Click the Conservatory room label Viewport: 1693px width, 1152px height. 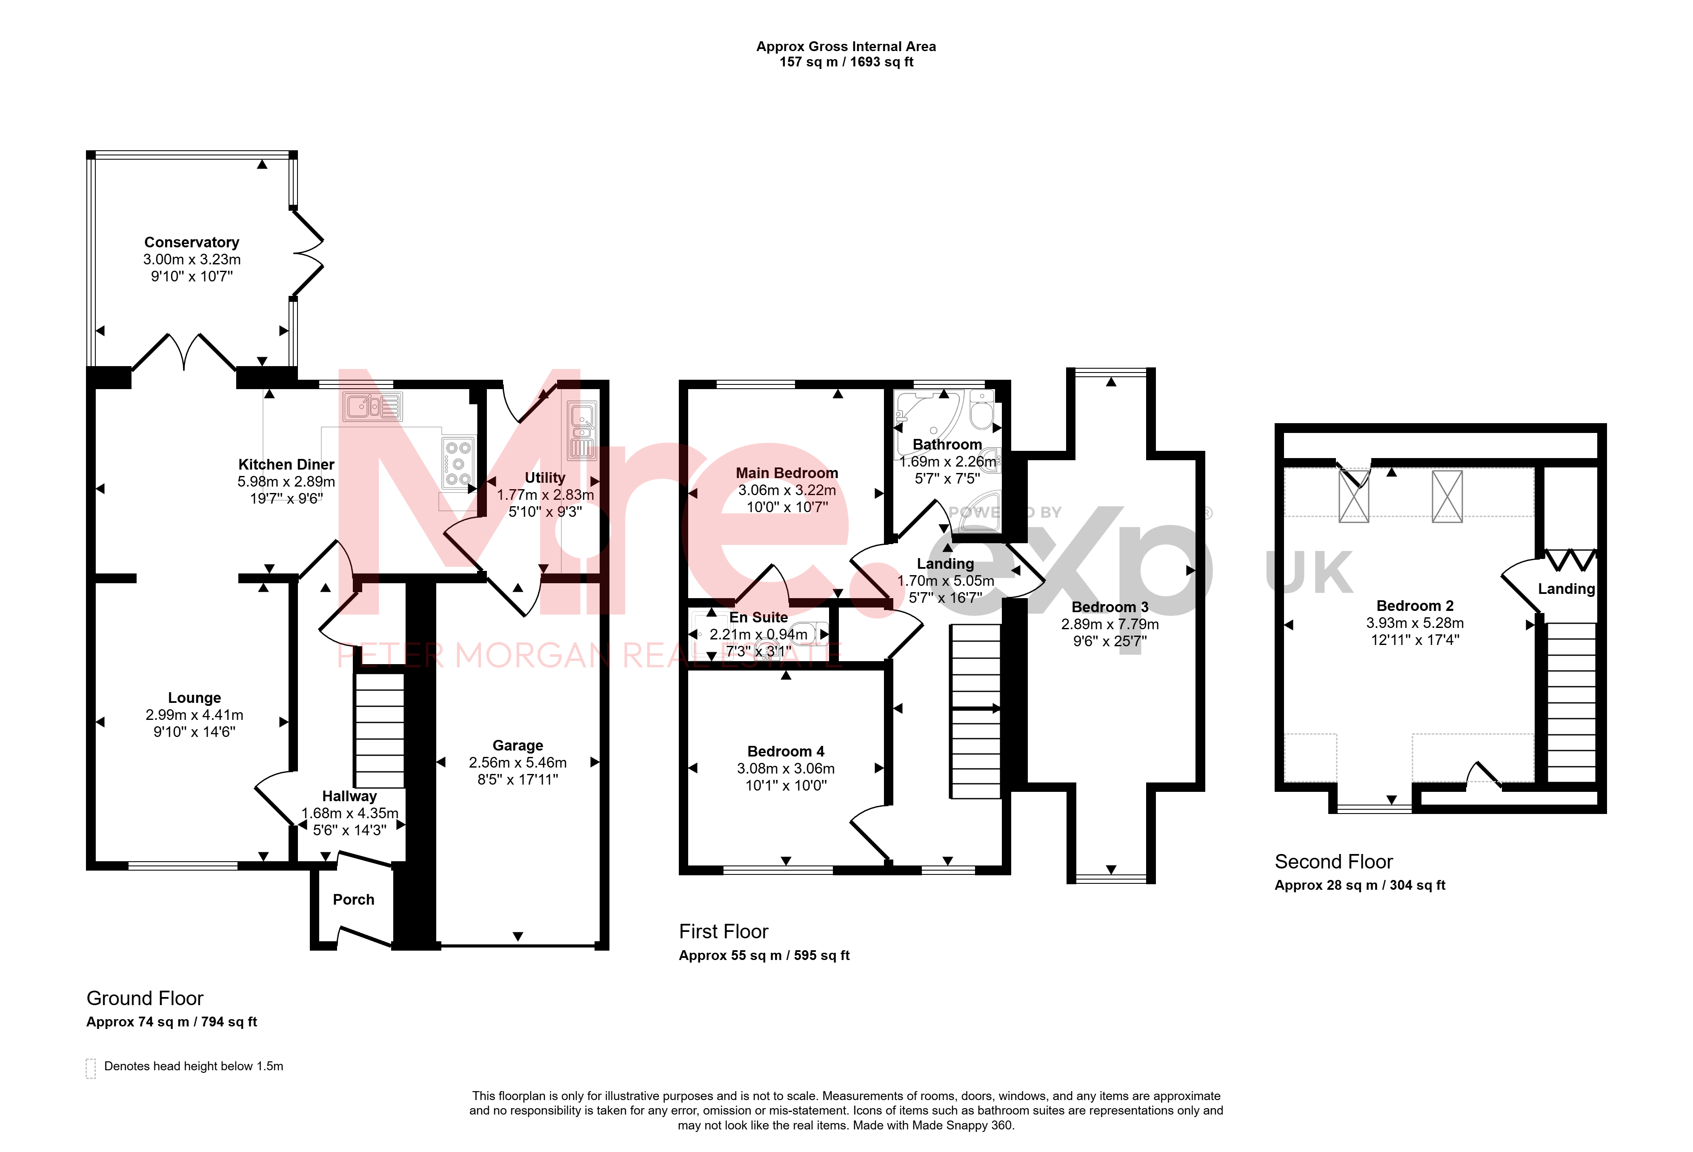192,242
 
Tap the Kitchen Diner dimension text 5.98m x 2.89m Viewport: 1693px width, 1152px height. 286,481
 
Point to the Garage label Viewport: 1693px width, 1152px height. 518,745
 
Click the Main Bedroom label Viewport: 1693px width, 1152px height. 787,473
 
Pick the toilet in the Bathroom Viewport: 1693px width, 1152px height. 982,411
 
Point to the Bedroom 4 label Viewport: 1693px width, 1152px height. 786,751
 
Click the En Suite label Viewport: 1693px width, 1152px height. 758,617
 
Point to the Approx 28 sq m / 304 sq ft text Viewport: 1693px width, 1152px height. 1360,885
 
